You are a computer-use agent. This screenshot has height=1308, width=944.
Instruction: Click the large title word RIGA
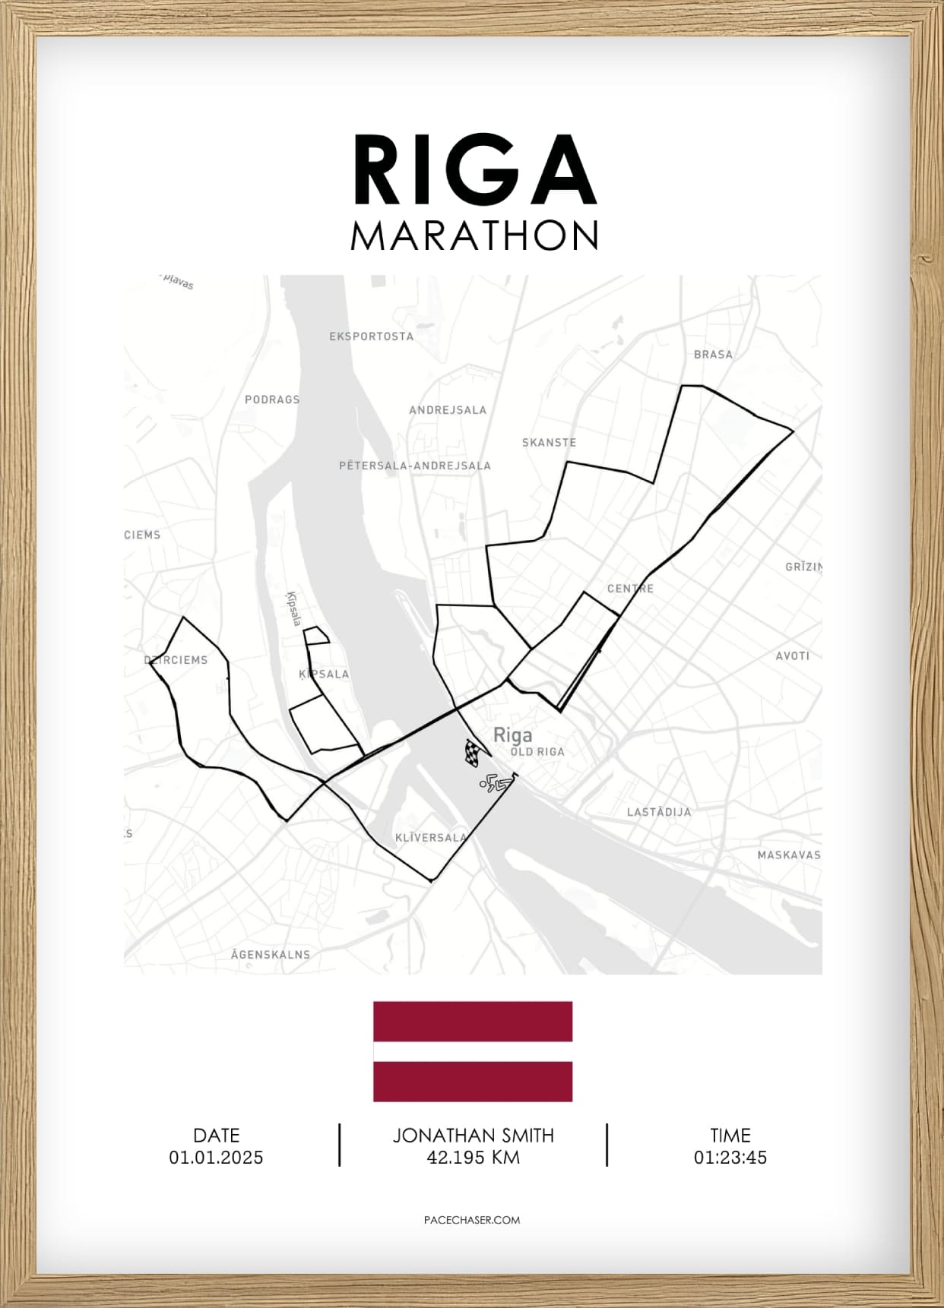[474, 171]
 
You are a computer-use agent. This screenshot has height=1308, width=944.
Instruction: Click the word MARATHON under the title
[474, 235]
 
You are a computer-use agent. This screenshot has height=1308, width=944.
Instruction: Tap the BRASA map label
[713, 354]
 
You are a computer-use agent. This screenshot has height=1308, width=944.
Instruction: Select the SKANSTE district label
[549, 442]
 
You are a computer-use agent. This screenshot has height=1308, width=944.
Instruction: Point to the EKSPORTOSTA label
[371, 336]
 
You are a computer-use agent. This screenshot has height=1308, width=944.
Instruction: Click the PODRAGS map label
[272, 399]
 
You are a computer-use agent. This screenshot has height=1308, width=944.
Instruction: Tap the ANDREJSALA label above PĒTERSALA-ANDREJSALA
[448, 409]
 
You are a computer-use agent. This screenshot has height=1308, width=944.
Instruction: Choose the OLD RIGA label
[537, 751]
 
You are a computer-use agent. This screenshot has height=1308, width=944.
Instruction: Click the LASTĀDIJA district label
[659, 811]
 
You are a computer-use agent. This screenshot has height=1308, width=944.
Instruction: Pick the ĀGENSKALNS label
[271, 954]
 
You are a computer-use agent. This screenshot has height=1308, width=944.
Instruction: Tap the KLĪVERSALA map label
[431, 837]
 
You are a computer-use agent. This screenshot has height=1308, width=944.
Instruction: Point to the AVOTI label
[792, 656]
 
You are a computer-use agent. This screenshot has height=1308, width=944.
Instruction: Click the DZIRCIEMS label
[176, 659]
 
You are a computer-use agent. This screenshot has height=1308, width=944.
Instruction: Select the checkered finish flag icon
[473, 751]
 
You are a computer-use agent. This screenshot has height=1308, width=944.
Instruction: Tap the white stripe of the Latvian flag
[472, 1051]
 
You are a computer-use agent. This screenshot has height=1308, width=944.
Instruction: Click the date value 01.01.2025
[216, 1158]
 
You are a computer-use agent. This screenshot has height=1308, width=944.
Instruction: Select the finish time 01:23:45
[730, 1158]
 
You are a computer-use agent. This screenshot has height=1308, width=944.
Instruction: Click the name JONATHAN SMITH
[473, 1136]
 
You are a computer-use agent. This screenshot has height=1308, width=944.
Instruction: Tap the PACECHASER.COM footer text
[472, 1220]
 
